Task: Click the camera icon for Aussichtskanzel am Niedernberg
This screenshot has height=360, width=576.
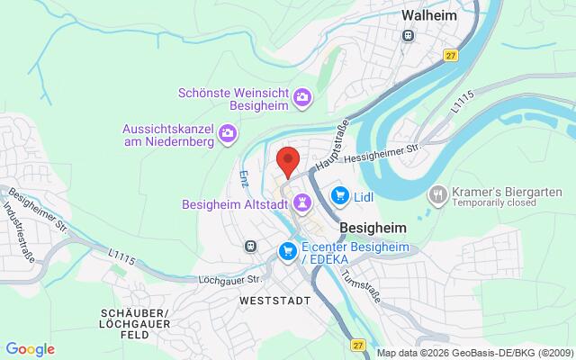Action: pyautogui.click(x=229, y=134)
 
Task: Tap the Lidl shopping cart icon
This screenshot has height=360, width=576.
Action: pyautogui.click(x=340, y=193)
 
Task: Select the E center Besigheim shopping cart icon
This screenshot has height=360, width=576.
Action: pyautogui.click(x=288, y=249)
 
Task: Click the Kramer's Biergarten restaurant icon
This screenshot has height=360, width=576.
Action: pyautogui.click(x=437, y=193)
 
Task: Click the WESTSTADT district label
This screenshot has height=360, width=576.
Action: pyautogui.click(x=274, y=300)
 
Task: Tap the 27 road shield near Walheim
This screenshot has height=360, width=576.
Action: pyautogui.click(x=449, y=56)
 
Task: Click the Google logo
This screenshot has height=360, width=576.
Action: pyautogui.click(x=30, y=349)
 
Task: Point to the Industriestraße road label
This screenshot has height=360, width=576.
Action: pyautogui.click(x=15, y=221)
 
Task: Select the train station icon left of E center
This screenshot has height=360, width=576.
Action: pyautogui.click(x=249, y=245)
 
